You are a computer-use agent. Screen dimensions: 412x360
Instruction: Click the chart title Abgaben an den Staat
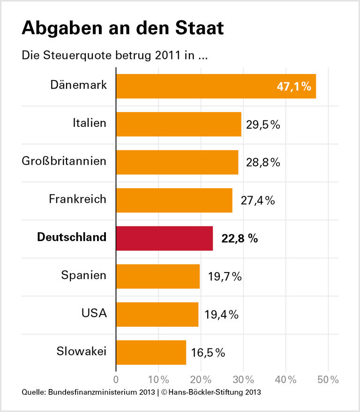(122, 29)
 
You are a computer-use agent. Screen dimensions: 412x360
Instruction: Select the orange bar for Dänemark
(216, 86)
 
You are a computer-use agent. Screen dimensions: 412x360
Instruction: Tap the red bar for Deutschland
(164, 238)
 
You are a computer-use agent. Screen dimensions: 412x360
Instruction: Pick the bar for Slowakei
(151, 352)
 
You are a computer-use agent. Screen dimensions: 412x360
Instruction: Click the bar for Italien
(178, 124)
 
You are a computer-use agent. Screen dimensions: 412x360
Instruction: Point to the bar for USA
(157, 314)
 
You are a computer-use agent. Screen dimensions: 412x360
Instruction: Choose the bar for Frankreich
(174, 200)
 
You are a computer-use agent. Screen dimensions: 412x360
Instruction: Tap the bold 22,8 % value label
(240, 239)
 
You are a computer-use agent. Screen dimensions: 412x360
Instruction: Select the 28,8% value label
(262, 162)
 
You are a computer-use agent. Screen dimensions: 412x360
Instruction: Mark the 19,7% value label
(225, 277)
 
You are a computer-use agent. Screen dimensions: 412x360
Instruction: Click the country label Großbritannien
(64, 162)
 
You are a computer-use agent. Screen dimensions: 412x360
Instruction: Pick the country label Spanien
(84, 275)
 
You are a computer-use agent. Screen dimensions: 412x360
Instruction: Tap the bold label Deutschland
(72, 237)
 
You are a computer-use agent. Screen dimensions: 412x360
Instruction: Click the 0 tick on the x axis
(116, 379)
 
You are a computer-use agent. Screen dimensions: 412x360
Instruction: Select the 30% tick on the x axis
(243, 379)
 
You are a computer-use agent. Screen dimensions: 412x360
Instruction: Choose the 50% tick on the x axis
(328, 379)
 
